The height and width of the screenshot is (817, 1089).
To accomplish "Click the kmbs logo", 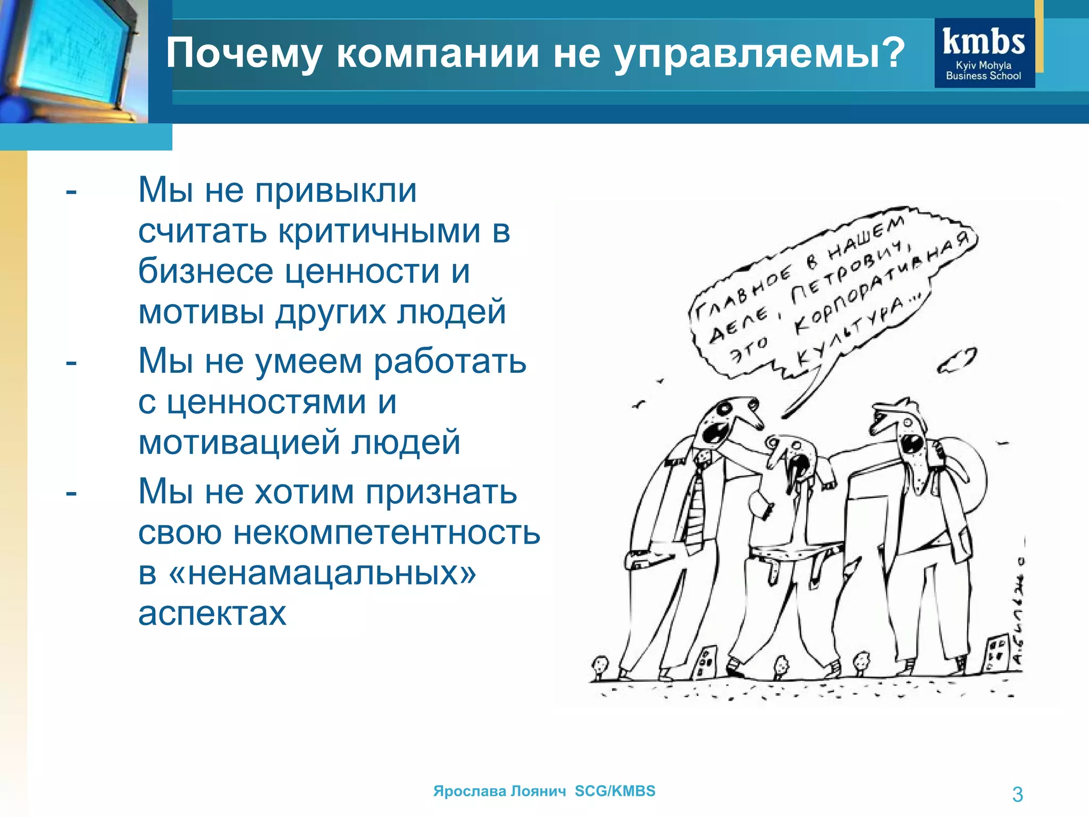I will point(984,53).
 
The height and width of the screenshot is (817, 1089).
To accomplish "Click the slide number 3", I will point(1017,794).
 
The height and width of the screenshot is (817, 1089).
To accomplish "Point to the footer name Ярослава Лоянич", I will point(499,791).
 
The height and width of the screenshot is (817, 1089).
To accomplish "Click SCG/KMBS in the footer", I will point(615,791).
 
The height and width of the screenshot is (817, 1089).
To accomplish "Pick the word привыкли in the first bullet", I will point(336,190).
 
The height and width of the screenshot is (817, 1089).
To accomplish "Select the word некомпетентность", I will point(387,532).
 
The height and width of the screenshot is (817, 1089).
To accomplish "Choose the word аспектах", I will point(212,614).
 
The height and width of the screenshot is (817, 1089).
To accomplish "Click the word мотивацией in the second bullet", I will point(239,442).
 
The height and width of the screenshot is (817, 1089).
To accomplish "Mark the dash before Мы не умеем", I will point(71,362).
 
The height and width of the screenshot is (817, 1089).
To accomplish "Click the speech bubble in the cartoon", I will point(830,298).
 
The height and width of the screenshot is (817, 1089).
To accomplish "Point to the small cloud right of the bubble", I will point(957,361).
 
